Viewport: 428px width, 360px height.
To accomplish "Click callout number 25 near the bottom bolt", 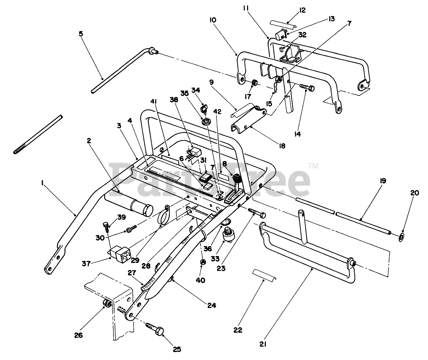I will (x=177, y=349).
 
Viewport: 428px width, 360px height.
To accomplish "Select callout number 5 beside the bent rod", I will (x=81, y=34).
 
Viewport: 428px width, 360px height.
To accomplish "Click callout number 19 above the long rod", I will (x=372, y=181).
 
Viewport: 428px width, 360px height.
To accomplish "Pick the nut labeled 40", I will (x=203, y=261).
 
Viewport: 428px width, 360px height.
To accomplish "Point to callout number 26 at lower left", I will (x=78, y=335).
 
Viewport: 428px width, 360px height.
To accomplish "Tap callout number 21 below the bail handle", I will (x=263, y=344).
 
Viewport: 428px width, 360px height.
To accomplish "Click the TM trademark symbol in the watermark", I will (x=313, y=166).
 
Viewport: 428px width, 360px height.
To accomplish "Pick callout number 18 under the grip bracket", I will (x=282, y=146).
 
